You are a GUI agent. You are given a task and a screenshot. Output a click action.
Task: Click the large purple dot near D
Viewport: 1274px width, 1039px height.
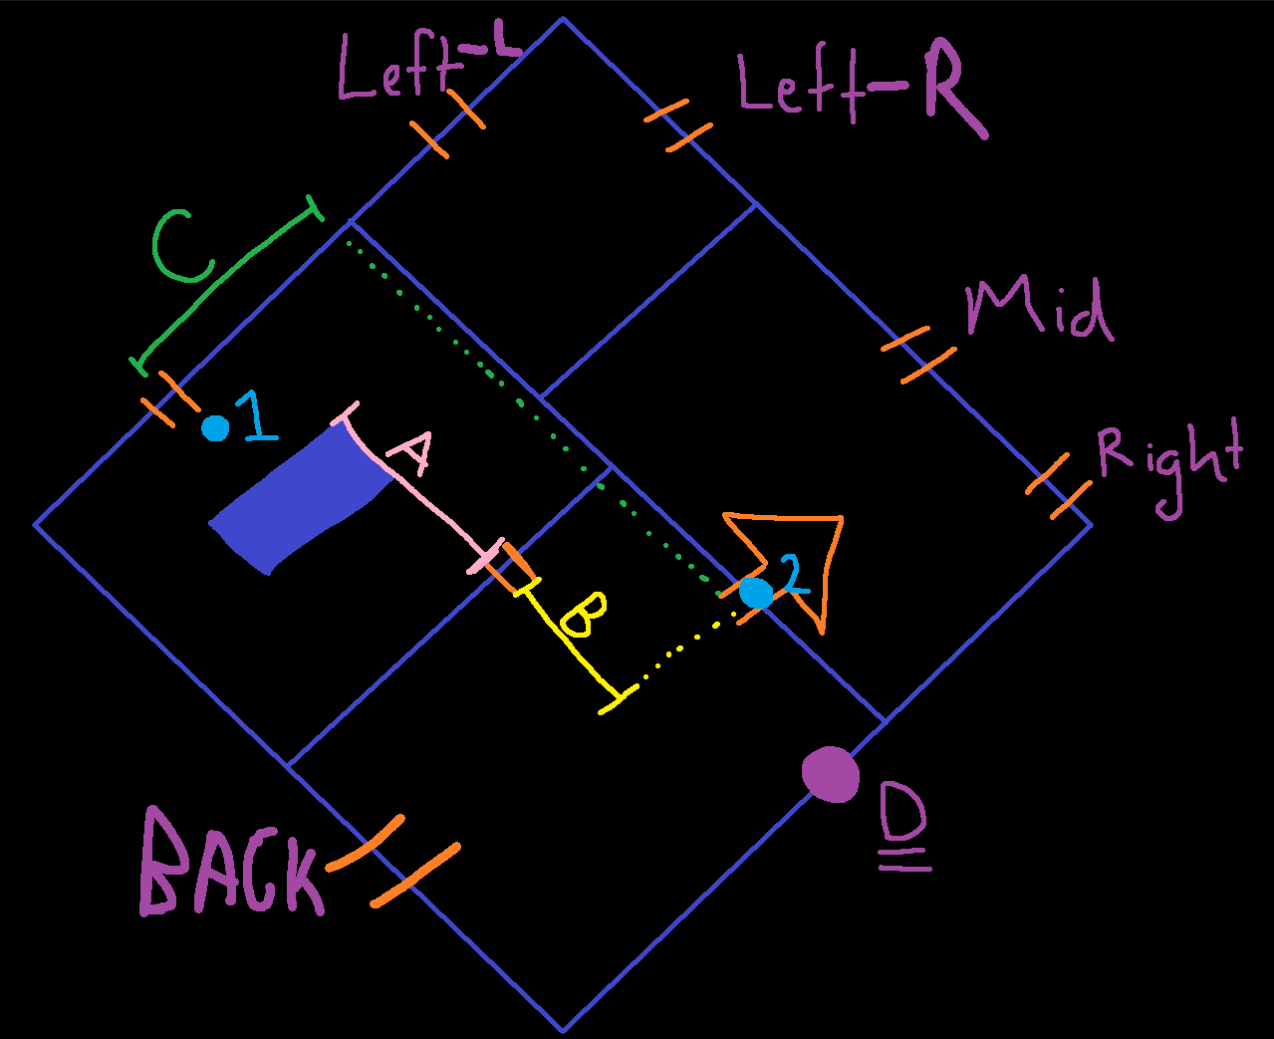pyautogui.click(x=831, y=774)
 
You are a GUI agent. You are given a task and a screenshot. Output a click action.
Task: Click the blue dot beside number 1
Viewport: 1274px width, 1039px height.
pyautogui.click(x=215, y=428)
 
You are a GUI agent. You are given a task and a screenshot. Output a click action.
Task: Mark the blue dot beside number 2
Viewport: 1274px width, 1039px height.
pyautogui.click(x=756, y=593)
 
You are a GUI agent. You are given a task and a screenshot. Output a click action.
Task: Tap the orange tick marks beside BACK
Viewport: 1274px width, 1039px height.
pyautogui.click(x=393, y=861)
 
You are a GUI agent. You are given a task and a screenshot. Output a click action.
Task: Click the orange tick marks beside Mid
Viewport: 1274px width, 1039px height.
pyautogui.click(x=918, y=354)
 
